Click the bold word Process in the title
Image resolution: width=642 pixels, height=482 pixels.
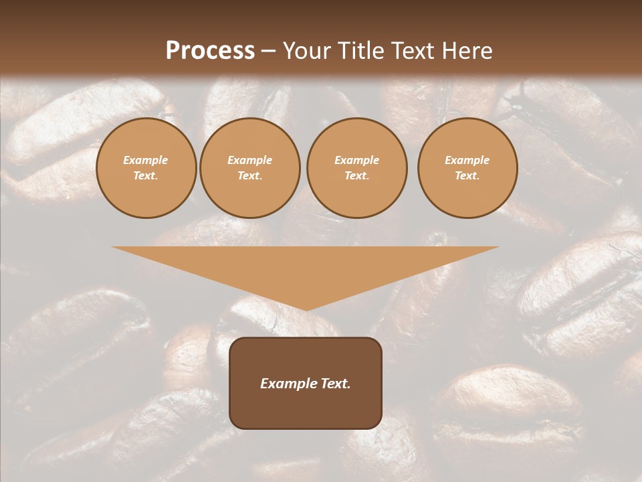pos(210,51)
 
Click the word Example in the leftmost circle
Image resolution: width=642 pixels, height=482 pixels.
pos(146,160)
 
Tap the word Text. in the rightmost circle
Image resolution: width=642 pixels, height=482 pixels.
pos(467,175)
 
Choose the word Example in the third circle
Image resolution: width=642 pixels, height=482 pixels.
pos(357,160)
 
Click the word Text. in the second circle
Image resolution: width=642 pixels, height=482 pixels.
pos(250,175)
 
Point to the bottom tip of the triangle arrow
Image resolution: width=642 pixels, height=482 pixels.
pos(306,309)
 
